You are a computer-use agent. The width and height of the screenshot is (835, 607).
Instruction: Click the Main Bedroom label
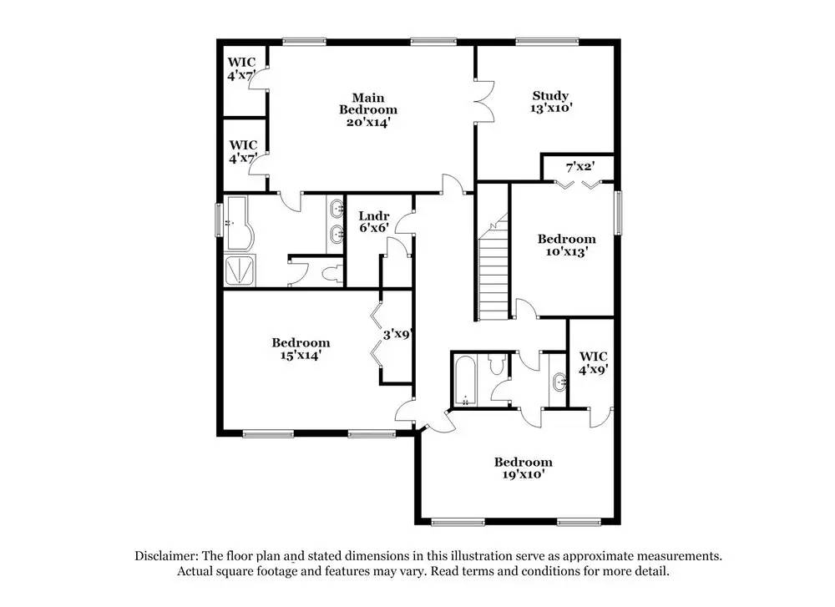367,103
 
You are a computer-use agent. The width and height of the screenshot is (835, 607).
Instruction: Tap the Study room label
550,95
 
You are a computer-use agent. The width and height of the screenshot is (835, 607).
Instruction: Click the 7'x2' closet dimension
579,168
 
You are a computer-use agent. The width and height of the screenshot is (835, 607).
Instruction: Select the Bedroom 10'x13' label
566,239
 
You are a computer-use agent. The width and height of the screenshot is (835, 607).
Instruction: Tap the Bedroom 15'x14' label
301,342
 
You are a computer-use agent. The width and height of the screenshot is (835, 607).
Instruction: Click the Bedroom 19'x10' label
523,462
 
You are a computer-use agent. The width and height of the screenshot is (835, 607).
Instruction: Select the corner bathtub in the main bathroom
243,224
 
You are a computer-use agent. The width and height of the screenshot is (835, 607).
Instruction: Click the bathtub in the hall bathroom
464,381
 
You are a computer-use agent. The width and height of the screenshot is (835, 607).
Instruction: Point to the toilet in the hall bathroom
497,363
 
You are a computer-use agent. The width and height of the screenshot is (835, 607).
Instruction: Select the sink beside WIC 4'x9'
557,382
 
